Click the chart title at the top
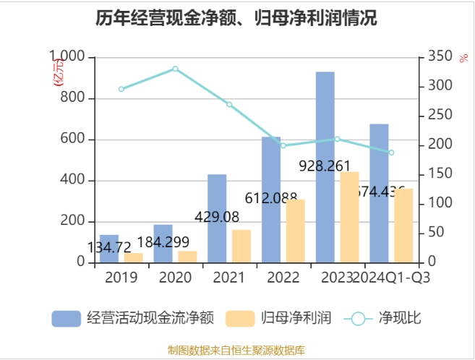coord(236,18)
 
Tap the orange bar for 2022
coord(295,231)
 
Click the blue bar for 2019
coord(109,249)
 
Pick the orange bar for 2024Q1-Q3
coord(403,226)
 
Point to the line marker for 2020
coord(175,69)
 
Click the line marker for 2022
coord(283,145)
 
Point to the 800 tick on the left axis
coord(73,98)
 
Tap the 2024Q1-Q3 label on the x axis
coord(396,278)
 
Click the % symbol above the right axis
coord(463,58)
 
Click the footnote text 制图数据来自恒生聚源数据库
coord(236,350)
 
